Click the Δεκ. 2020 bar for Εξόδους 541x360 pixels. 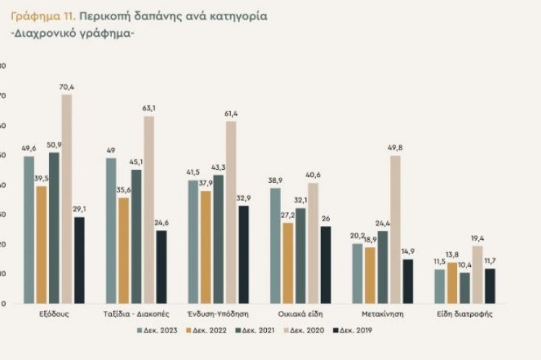tap(67, 199)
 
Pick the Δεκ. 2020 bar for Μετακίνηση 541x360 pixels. tap(395, 229)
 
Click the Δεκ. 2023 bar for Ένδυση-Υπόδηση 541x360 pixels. tap(192, 241)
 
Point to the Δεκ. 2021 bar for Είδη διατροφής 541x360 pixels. tap(464, 288)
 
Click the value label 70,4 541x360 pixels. tap(67, 87)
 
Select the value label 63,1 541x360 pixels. tap(149, 108)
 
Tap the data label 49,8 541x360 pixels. tap(396, 148)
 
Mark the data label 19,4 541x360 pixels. tap(477, 238)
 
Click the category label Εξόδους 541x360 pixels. tap(54, 315)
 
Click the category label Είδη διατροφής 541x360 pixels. tap(464, 315)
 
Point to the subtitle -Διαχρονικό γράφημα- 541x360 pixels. tap(73, 34)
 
